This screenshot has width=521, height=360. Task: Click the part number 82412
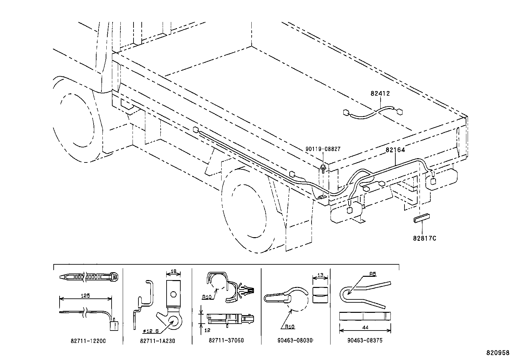tap(380, 93)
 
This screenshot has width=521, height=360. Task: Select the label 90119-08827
tap(323, 149)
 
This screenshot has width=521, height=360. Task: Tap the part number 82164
tap(395, 150)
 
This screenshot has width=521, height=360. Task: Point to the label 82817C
tap(424, 238)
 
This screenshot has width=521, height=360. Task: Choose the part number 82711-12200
tap(88, 341)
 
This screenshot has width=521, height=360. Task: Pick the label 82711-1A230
tap(157, 341)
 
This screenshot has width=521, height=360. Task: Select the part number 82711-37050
tap(226, 340)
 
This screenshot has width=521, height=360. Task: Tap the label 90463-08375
tap(365, 340)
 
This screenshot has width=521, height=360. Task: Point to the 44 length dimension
tap(365, 327)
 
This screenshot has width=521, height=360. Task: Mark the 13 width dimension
tap(320, 276)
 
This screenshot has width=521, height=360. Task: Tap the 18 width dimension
tap(173, 271)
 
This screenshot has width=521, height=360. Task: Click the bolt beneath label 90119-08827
tap(323, 168)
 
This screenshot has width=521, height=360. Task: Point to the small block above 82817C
tap(421, 219)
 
